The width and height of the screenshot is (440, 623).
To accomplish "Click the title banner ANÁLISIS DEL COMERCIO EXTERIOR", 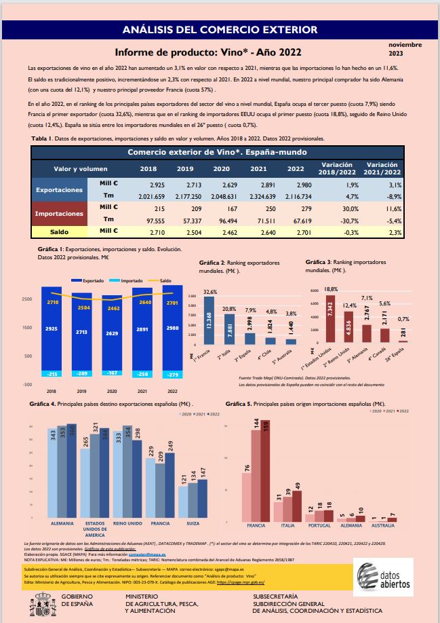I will tap(220, 30).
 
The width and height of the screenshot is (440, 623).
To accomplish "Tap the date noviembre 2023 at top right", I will tap(405, 48).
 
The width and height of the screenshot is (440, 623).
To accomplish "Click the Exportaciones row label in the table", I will tap(59, 190).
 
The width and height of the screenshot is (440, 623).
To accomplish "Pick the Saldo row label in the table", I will tap(59, 231).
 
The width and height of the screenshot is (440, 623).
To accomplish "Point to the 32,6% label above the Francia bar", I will tap(210, 291).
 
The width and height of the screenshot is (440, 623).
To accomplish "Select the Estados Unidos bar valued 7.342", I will tap(332, 319).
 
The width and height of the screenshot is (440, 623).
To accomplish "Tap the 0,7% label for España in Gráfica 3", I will tap(404, 319).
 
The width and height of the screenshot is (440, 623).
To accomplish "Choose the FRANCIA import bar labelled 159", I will tap(265, 468).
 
